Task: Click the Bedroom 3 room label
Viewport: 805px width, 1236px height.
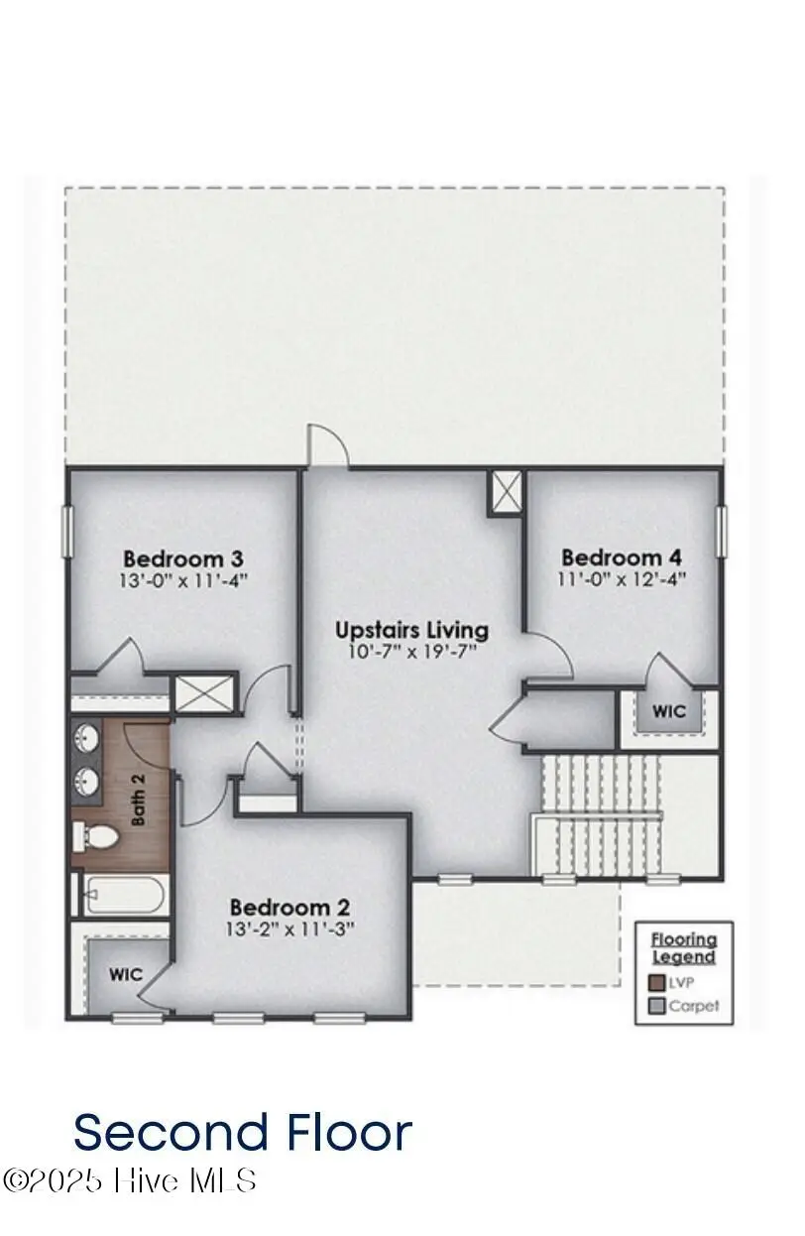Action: click(x=183, y=557)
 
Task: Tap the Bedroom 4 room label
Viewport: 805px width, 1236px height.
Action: click(x=622, y=557)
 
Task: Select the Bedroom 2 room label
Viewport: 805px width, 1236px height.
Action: click(x=290, y=907)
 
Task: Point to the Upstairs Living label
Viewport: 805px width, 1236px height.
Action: click(x=411, y=630)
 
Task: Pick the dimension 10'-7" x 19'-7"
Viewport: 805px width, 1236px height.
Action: click(x=411, y=652)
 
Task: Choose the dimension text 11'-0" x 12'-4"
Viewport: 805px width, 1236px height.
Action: click(x=622, y=579)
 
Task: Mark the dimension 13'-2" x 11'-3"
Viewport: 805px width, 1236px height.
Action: click(x=290, y=929)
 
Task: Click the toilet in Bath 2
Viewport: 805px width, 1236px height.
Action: click(x=95, y=838)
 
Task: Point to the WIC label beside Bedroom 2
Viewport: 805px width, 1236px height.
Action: click(x=125, y=975)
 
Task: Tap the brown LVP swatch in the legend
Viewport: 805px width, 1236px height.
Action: click(x=656, y=983)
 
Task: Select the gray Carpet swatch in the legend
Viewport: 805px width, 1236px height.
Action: click(x=656, y=1006)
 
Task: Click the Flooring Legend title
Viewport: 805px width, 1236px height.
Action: click(x=684, y=947)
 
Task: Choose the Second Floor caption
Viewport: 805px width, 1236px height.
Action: click(x=243, y=1132)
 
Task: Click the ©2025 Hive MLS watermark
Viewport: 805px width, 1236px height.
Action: click(x=130, y=1180)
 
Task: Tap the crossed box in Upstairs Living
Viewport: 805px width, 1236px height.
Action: click(x=506, y=492)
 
